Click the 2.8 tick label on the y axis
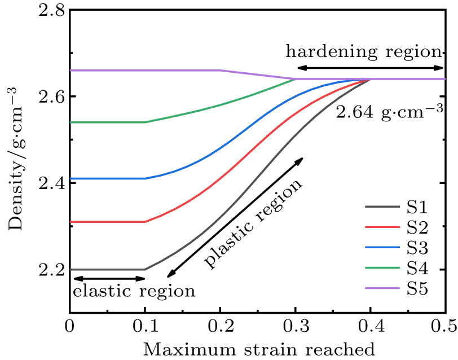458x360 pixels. pos(50,11)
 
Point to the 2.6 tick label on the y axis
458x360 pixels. pos(50,97)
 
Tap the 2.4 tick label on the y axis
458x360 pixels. pos(50,183)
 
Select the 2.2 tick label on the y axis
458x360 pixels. pos(50,270)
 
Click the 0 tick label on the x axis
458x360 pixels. pos(69,326)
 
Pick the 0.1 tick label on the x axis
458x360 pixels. pos(145,326)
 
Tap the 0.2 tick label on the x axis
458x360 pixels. pos(220,326)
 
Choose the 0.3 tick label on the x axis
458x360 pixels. pos(295,326)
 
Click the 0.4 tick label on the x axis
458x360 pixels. pos(371,326)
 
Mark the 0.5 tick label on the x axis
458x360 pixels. pos(444,326)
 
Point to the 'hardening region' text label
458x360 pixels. pos(363,52)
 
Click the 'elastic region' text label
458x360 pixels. pos(134,291)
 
